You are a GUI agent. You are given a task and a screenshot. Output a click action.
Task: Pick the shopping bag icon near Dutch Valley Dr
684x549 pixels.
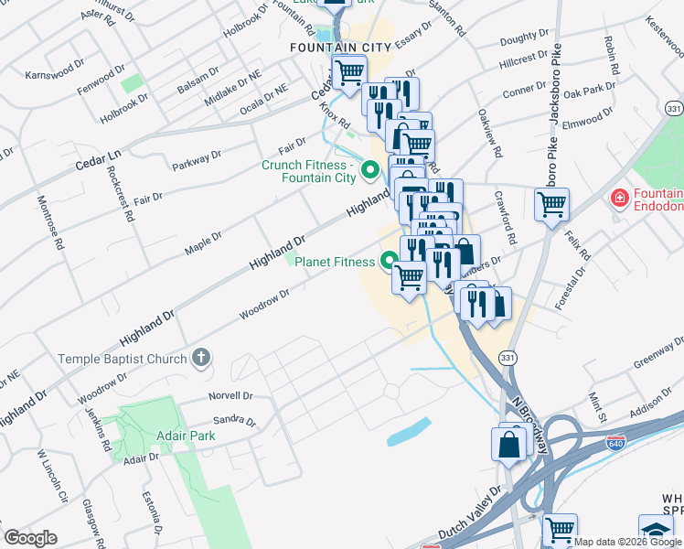tap(508, 445)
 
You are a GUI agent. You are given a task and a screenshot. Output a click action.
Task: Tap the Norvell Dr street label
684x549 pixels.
tap(230, 396)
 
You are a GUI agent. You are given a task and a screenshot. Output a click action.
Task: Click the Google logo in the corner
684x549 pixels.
tap(30, 538)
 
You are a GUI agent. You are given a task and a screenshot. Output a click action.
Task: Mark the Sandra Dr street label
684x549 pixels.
tap(233, 420)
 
